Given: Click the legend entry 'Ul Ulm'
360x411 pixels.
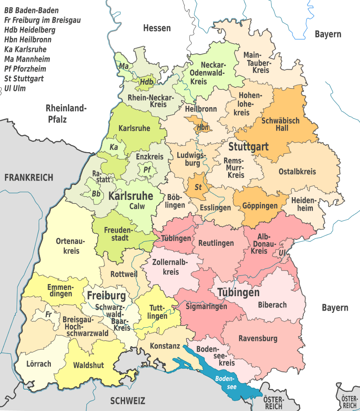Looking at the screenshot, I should pos(15,88).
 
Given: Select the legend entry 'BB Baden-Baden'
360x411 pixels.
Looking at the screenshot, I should pos(31,10).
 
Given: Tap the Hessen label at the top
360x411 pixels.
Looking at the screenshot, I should pos(157,28).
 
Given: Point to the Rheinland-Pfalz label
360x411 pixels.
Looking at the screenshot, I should pos(66,113).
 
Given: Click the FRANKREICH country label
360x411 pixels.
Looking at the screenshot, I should pos(29,177).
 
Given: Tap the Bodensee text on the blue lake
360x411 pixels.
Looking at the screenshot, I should pos(224,383).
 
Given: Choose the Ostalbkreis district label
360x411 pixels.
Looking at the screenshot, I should pos(297,172).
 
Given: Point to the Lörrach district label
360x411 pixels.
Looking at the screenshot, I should pos(39,364).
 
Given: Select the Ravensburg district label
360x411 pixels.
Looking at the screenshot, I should pos(258,339).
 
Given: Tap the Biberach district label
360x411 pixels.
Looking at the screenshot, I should pos(272,305).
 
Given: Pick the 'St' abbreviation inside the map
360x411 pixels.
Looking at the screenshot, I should pos(198,187).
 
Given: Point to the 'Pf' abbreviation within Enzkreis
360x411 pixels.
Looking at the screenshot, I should pos(147,170).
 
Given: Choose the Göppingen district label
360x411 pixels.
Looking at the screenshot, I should pos(260,206).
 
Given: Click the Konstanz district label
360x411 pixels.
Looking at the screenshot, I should pos(165,346).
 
